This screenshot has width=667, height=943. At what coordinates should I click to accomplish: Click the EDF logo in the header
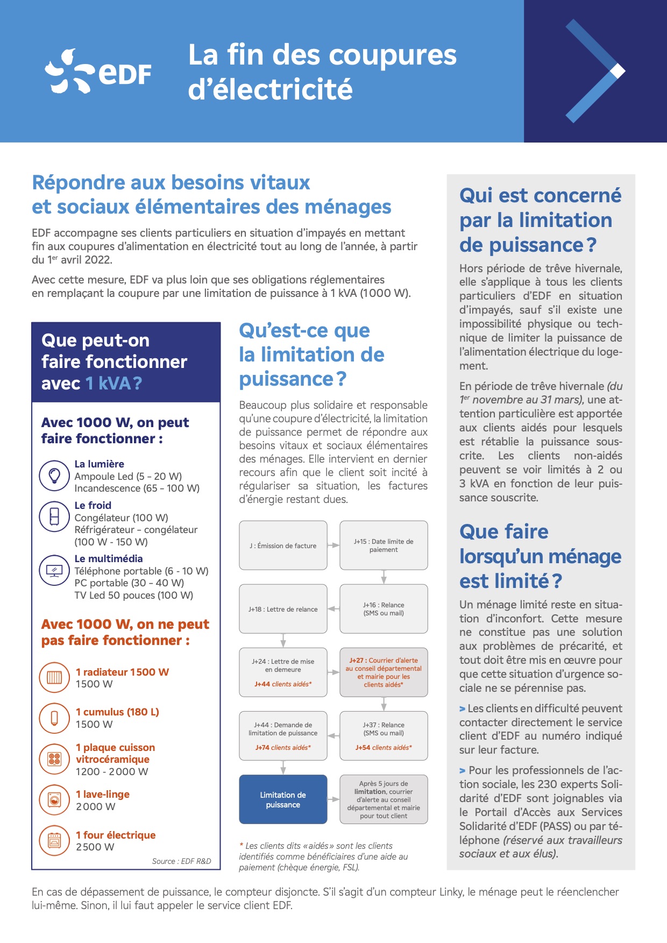pos(98,72)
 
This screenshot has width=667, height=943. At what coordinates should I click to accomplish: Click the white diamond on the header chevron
pos(618,70)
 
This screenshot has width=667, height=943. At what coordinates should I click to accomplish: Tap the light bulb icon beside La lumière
pos(54,476)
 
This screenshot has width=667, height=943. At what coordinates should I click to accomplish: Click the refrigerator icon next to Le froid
pos(54,516)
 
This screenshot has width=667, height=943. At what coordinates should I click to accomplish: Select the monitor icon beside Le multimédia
pos(54,570)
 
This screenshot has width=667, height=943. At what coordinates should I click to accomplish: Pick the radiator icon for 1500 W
pos(54,677)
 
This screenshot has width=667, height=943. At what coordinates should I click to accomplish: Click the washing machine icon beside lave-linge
pos(54,800)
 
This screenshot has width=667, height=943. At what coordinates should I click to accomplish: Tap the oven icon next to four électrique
pos(54,840)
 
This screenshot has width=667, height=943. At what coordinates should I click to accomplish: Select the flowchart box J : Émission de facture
pos(283,545)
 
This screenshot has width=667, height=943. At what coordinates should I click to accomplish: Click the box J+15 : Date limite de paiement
pos(384,545)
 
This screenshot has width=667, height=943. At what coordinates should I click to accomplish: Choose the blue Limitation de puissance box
pos(283,799)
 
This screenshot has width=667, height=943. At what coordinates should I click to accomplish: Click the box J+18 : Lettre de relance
pos(283,609)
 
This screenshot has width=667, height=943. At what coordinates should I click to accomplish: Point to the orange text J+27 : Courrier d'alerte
pos(384,660)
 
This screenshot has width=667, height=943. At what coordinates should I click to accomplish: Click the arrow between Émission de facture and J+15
pos(334,545)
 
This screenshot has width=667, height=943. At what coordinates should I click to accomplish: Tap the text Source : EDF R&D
pos(181,861)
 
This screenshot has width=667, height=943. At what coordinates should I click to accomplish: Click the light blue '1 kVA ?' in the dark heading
pos(113,383)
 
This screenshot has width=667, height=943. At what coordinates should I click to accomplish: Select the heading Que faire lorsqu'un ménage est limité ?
pos(540,556)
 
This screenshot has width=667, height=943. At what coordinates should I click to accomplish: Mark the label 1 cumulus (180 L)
pos(117,712)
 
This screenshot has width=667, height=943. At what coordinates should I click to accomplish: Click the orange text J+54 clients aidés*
pos(384,748)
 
